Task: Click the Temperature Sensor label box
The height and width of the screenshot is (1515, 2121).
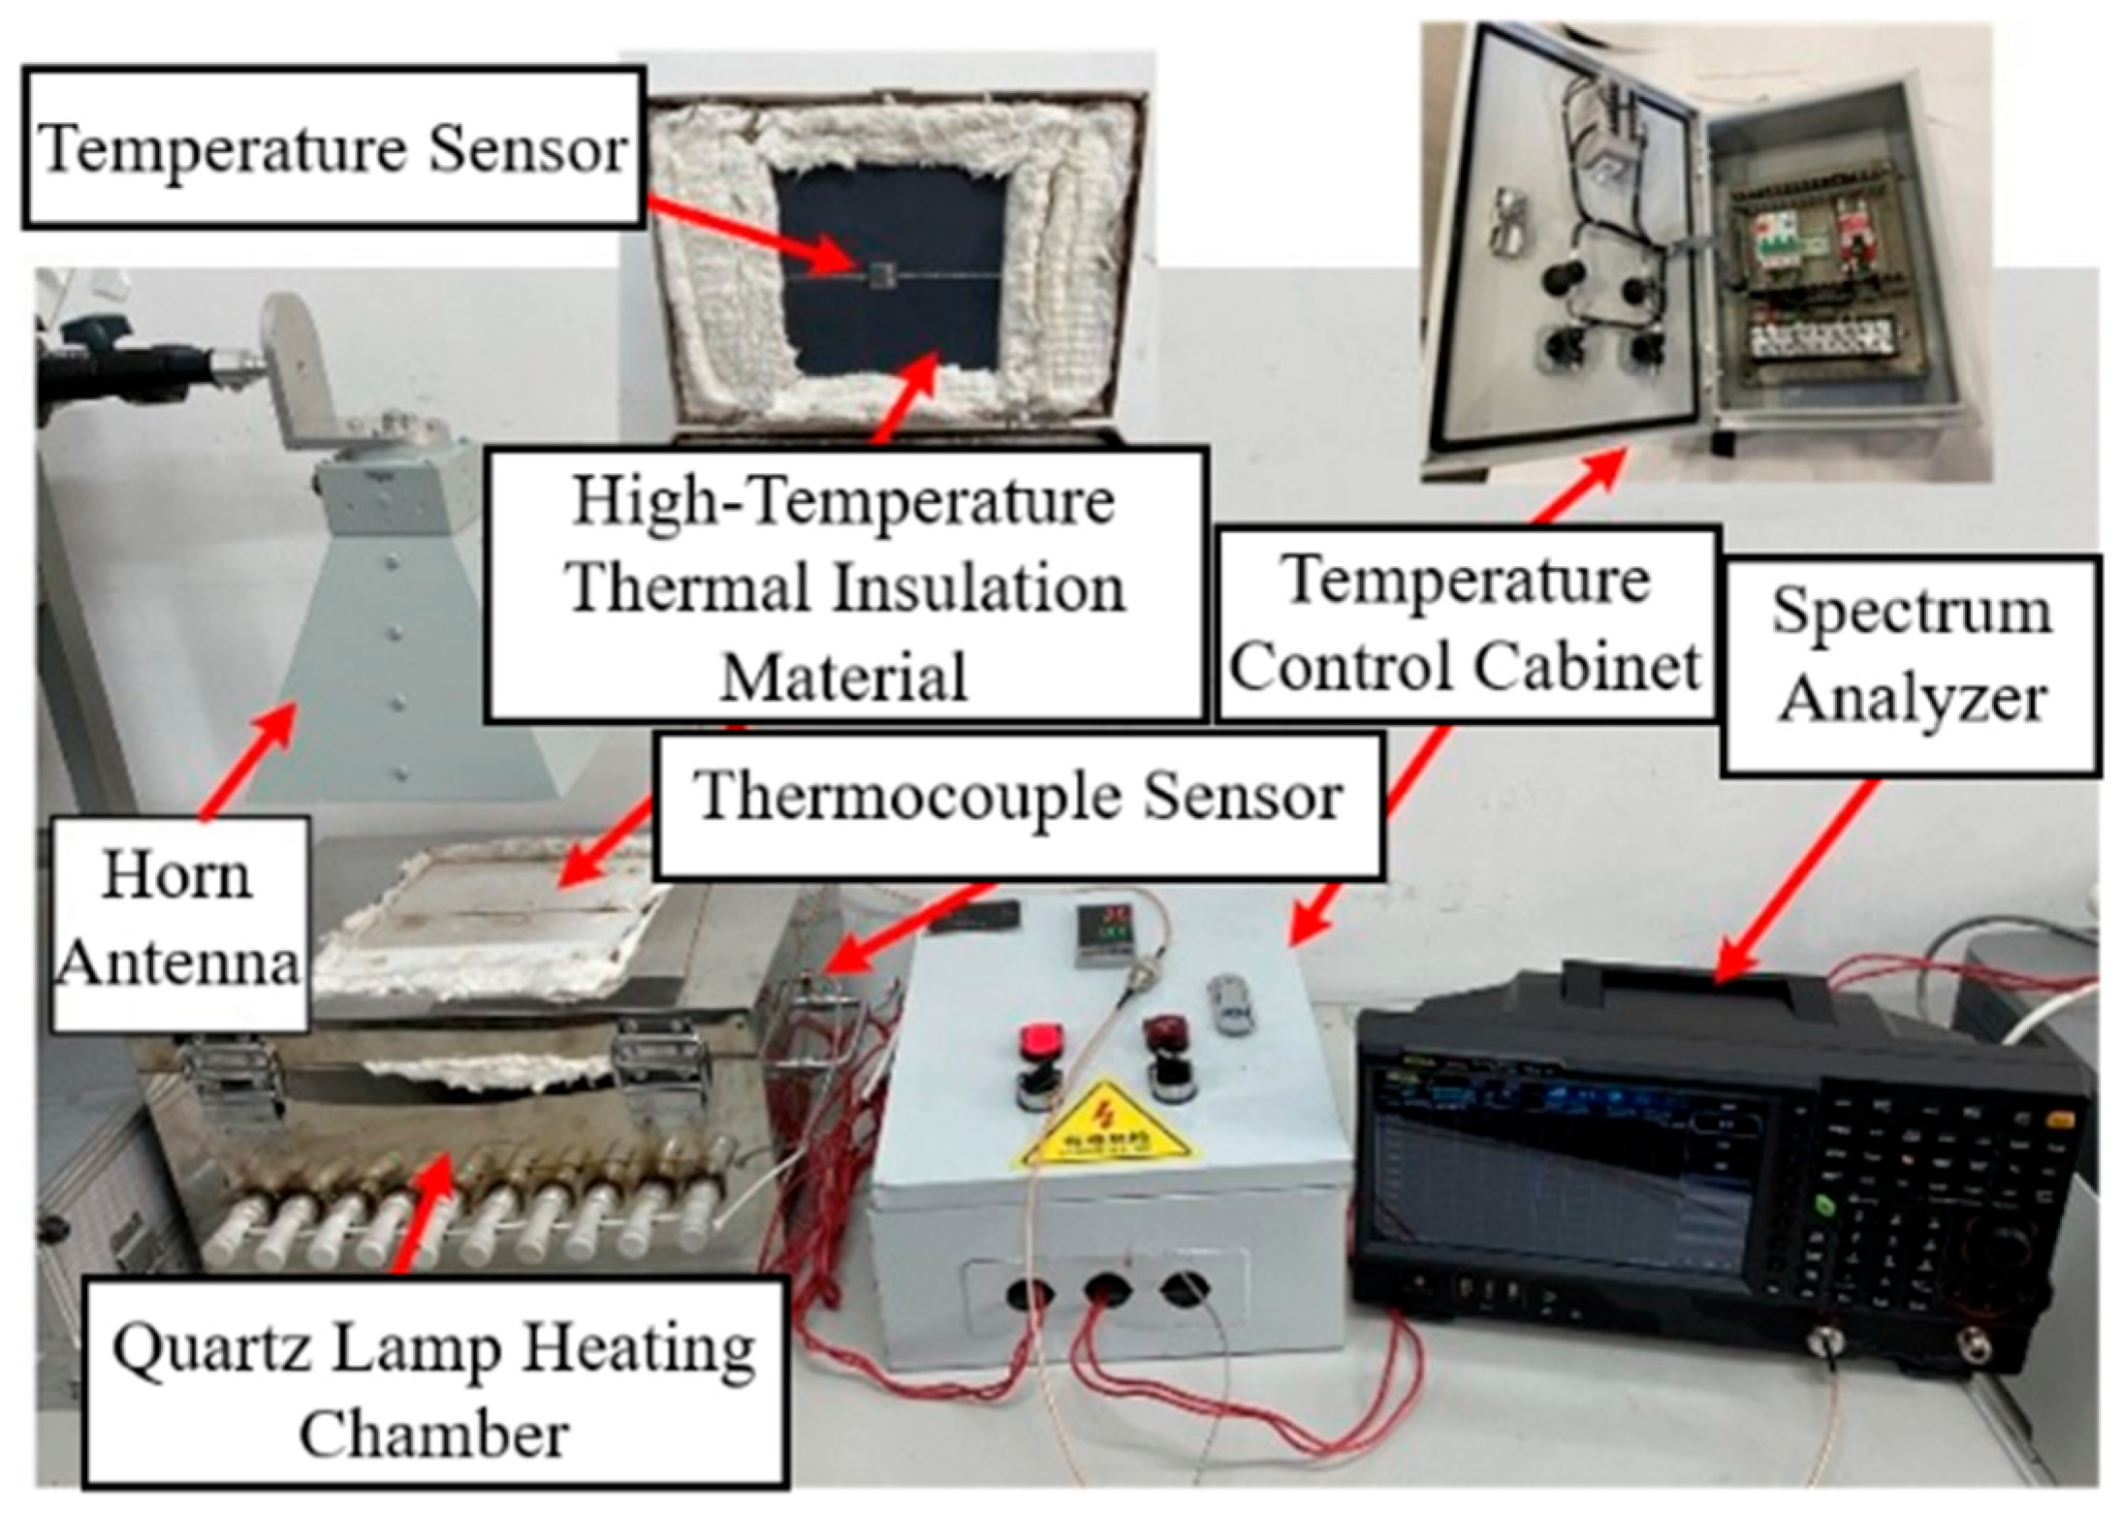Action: pos(333,147)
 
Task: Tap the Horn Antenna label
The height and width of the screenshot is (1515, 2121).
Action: pos(180,921)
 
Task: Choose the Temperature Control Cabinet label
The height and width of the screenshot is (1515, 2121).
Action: pos(1467,622)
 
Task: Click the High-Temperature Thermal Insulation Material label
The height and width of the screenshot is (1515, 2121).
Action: pos(844,585)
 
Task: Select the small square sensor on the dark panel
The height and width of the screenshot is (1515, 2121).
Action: pos(879,275)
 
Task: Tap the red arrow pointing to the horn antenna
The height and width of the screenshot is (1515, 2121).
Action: pos(246,760)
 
